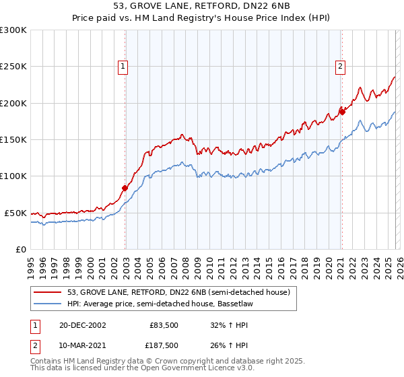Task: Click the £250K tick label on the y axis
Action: (13, 67)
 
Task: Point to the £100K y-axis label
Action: (13, 176)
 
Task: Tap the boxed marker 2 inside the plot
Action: (341, 66)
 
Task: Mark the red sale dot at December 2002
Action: (125, 188)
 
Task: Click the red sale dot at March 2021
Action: (341, 112)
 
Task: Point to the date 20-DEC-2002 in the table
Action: (83, 324)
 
